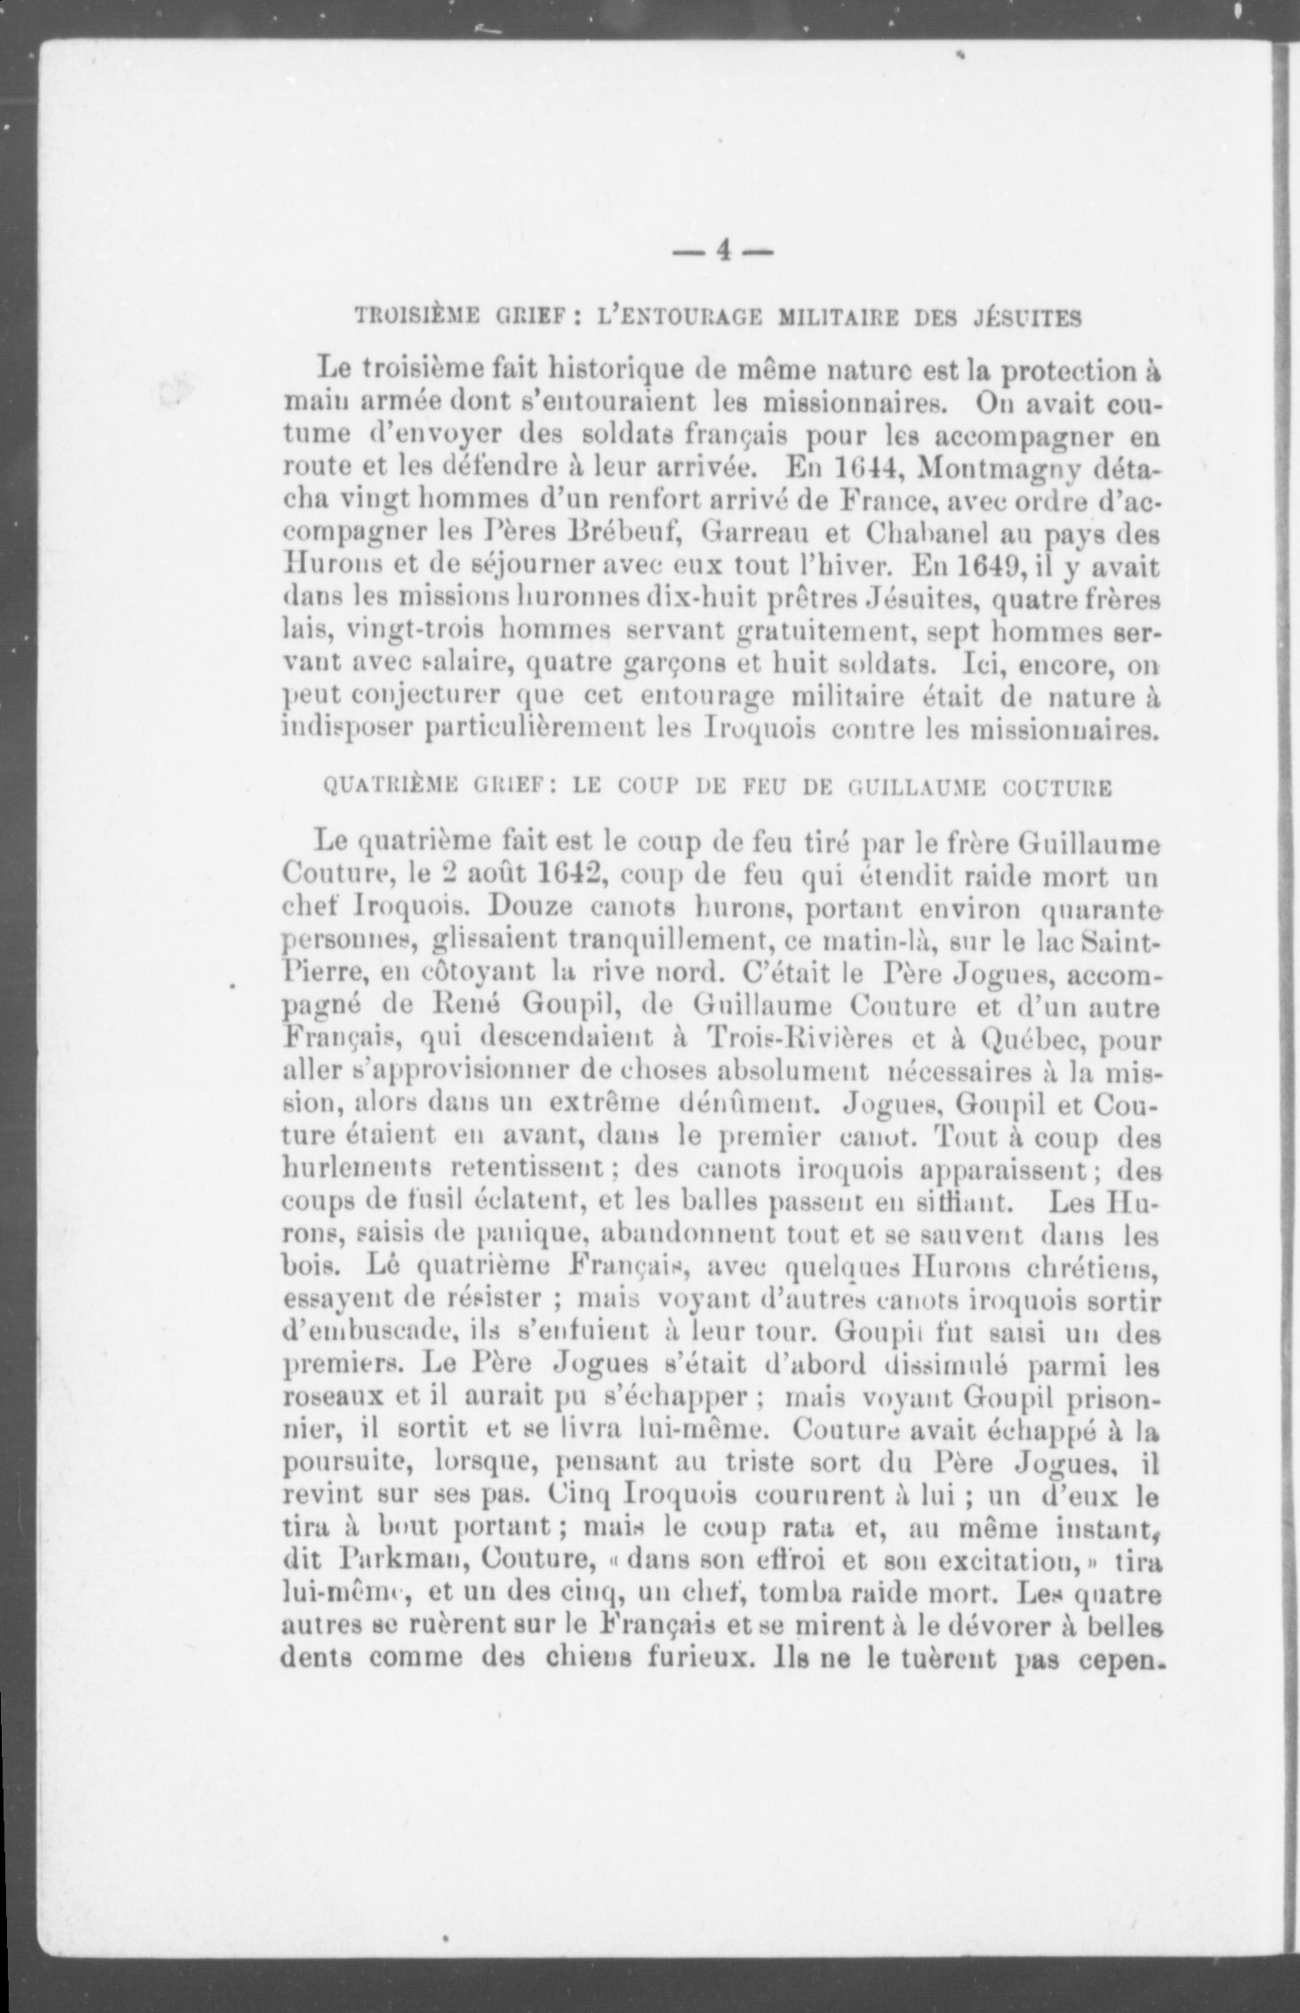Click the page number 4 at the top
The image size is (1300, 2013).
click(723, 252)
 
